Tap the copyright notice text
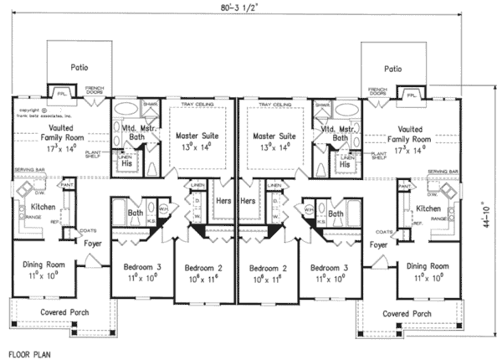tap(30, 113)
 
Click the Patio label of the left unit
tap(79, 68)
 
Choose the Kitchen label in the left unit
tap(43, 206)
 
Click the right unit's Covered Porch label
tap(407, 314)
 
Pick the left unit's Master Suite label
tap(197, 134)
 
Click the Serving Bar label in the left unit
tap(28, 172)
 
